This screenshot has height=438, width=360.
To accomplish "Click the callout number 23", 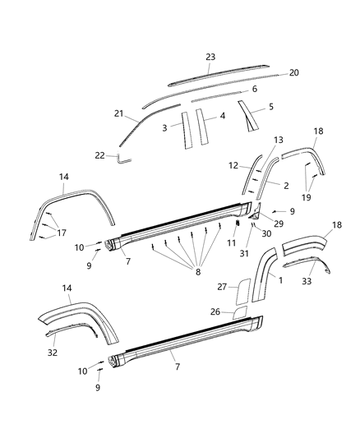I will point(211,57).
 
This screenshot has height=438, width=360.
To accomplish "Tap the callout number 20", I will point(294,72).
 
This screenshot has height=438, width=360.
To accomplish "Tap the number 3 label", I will point(165,128).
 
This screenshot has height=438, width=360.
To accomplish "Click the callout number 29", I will point(279,224).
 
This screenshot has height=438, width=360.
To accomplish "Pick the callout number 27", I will point(220,288).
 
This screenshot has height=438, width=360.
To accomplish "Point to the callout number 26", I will point(216,313).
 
